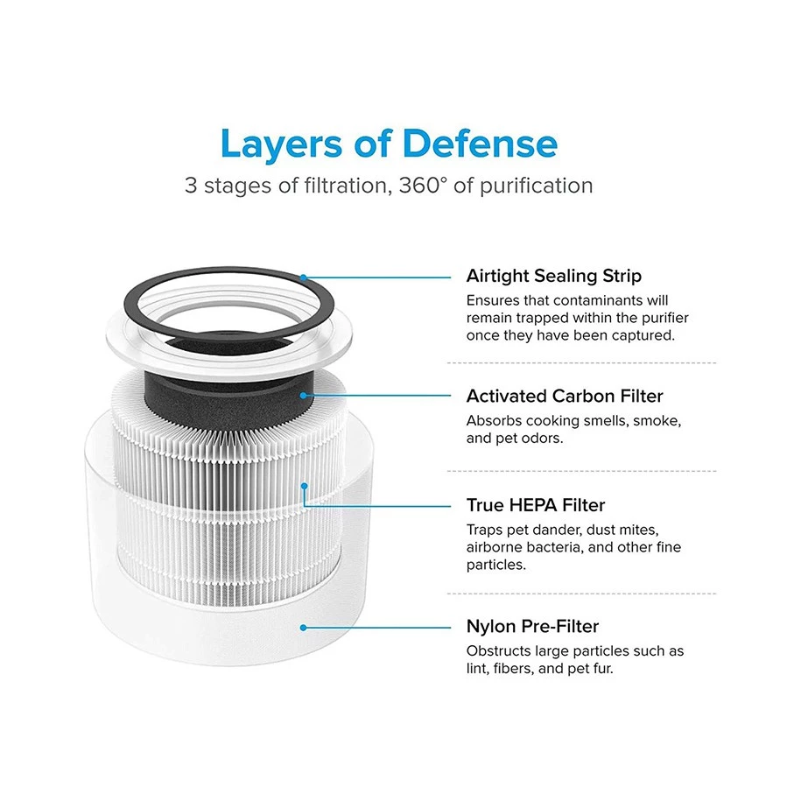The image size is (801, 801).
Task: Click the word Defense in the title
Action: coord(480,144)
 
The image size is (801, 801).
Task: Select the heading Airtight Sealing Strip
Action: coord(554,276)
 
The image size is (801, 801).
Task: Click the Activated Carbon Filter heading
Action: coord(565,396)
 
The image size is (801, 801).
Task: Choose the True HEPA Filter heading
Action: coord(536,505)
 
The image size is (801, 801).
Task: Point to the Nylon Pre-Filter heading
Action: coord(532,626)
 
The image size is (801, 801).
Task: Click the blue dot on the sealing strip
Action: coord(304,278)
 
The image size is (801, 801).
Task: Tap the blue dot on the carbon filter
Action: coord(304,396)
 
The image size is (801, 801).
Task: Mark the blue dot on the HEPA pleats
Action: coord(305,486)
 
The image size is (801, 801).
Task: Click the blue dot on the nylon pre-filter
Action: coord(304,628)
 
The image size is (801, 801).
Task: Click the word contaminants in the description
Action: coord(598,300)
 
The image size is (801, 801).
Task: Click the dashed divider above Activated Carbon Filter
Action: coord(581,362)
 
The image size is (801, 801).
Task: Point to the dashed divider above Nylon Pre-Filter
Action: coord(581,594)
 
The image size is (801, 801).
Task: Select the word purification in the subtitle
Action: coord(537,186)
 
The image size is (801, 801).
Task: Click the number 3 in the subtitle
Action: coord(191,186)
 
